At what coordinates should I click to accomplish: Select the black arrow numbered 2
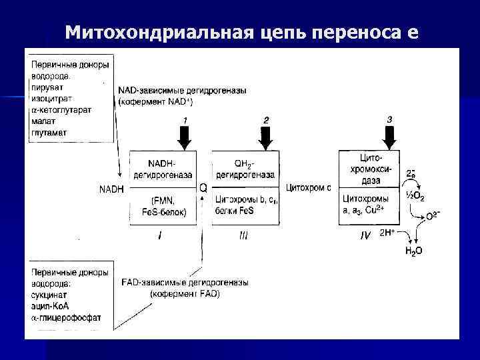coord(266,136)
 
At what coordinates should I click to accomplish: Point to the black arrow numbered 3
coord(389,136)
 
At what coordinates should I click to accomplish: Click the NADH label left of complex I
coord(111,189)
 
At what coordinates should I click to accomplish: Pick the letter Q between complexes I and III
coord(203,189)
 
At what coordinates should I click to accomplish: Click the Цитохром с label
coord(308,187)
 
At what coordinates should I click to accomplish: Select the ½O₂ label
coord(415,197)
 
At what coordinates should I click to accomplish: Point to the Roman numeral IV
coord(365,235)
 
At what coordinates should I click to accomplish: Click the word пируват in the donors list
coord(44,87)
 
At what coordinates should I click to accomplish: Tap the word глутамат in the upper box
coord(47,132)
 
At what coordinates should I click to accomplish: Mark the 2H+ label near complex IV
coord(387,233)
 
